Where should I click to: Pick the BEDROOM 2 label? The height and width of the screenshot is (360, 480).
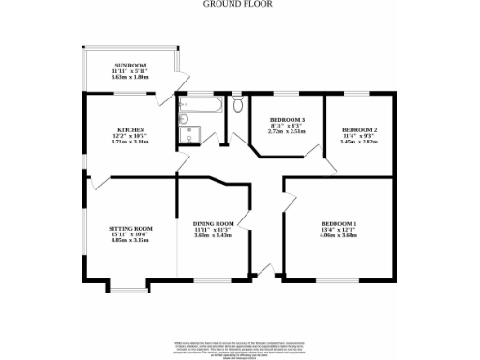[x=360, y=129]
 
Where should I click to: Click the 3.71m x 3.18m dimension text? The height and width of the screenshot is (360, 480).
[x=129, y=141]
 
